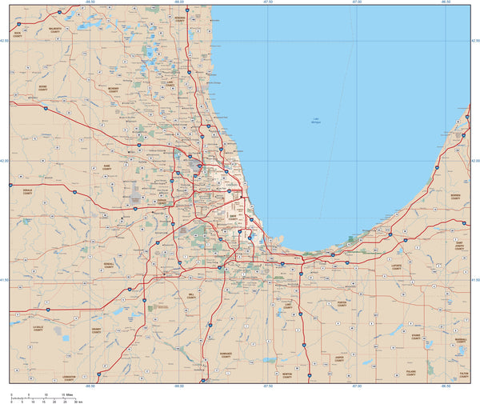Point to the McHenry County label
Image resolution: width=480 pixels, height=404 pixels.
click(113, 90)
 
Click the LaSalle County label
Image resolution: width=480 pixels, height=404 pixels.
click(37, 328)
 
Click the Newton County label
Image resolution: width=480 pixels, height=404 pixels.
click(287, 374)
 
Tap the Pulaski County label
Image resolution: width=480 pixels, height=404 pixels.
click(410, 374)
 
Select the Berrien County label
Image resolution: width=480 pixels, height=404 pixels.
click(456, 196)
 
